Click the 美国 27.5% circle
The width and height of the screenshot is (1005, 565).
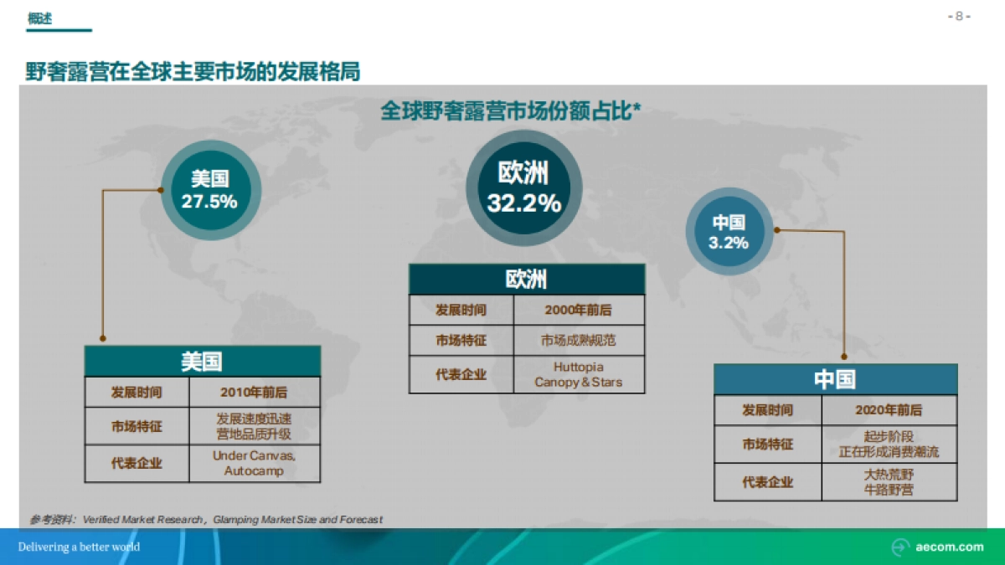coord(209,189)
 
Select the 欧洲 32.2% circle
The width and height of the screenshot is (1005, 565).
coord(524,187)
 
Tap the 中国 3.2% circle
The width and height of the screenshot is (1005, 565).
coord(728,232)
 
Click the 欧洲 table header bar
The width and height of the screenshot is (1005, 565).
coord(527,279)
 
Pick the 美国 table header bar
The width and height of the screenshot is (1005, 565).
coord(202,361)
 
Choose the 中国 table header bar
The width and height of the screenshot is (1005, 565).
coord(835,379)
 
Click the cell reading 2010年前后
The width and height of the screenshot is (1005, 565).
coord(254,392)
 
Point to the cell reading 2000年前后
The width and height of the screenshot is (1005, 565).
coord(578,310)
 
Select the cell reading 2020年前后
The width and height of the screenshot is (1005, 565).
coord(889,410)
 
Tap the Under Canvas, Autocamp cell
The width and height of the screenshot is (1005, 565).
coord(254,463)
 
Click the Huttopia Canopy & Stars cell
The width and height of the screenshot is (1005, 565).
coord(578,374)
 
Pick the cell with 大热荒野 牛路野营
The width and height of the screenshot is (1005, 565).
coord(889,481)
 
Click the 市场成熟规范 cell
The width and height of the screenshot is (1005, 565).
coord(578,340)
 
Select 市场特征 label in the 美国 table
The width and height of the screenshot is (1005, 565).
coord(137,427)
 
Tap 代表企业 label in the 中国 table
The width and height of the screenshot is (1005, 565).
coord(767,482)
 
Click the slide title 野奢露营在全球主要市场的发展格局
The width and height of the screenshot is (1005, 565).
coord(193,72)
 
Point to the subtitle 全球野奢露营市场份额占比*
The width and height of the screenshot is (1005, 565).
coord(511,111)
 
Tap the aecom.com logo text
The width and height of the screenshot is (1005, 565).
coord(948,547)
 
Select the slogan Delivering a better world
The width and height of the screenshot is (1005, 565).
coord(80,547)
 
